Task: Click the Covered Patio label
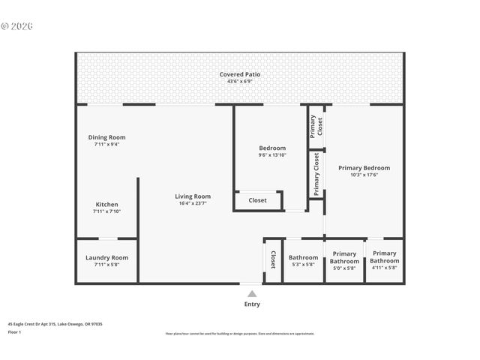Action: click(x=240, y=74)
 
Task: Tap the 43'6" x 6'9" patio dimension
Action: click(x=240, y=81)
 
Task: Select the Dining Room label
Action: click(x=106, y=137)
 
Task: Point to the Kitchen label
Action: click(x=106, y=205)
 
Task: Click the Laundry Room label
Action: click(x=106, y=257)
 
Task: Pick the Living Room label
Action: click(x=193, y=196)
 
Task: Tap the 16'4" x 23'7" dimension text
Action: click(x=193, y=203)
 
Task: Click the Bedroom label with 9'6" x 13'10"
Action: click(x=272, y=148)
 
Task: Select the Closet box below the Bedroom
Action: click(x=258, y=200)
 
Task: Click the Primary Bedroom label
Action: click(x=364, y=168)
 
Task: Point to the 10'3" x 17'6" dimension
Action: click(x=364, y=175)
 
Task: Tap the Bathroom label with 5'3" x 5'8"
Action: click(x=304, y=257)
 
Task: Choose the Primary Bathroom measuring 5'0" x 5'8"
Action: click(x=344, y=257)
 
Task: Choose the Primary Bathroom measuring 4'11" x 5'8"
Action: click(x=385, y=257)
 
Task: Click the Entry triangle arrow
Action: click(x=252, y=294)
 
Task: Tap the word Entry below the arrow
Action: click(x=252, y=304)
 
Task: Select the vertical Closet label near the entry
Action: click(x=273, y=259)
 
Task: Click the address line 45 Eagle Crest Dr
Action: click(x=55, y=323)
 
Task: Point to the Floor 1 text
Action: click(x=14, y=331)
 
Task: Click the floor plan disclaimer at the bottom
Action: click(x=240, y=334)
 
